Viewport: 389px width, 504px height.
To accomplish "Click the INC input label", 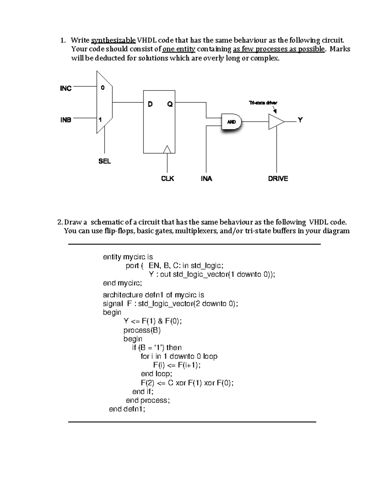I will pyautogui.click(x=66, y=88).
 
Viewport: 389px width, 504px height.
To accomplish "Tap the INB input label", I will pyautogui.click(x=66, y=120).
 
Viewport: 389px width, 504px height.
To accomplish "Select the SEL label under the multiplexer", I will pyautogui.click(x=104, y=161).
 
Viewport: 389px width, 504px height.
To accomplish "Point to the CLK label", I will pyautogui.click(x=168, y=178).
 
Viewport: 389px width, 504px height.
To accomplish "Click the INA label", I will pyautogui.click(x=206, y=178).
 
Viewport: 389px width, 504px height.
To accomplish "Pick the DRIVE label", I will pyautogui.click(x=278, y=178).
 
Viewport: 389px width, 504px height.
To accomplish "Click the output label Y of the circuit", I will pyautogui.click(x=301, y=120).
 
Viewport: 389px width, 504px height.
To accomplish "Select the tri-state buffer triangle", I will pyautogui.click(x=276, y=122).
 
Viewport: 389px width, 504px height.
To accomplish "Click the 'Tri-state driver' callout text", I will pyautogui.click(x=263, y=103).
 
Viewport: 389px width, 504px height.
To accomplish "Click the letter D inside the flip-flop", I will pyautogui.click(x=150, y=104).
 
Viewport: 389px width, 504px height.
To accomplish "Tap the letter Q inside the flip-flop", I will pyautogui.click(x=170, y=104).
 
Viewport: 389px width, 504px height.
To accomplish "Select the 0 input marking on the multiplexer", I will pyautogui.click(x=102, y=88).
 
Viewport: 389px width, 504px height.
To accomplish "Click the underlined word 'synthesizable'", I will pyautogui.click(x=113, y=40).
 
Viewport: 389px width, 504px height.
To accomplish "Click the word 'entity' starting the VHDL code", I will pyautogui.click(x=112, y=257).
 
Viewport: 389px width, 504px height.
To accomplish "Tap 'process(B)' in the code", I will pyautogui.click(x=142, y=330).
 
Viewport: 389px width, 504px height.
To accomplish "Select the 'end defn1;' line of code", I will pyautogui.click(x=127, y=409).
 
